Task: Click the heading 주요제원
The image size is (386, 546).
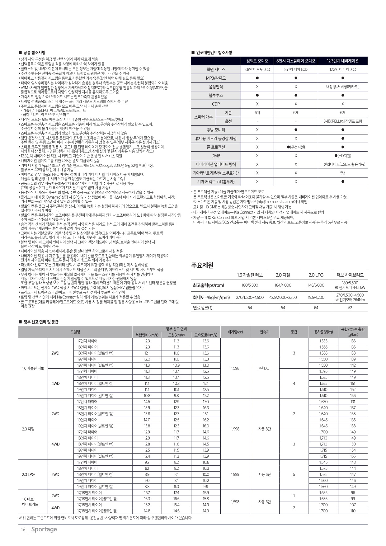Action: [x=202, y=265]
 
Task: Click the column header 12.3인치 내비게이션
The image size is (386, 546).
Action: [x=342, y=61]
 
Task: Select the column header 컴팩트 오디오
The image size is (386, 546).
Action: [x=257, y=61]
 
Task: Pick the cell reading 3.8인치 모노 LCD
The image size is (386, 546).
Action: [x=257, y=69]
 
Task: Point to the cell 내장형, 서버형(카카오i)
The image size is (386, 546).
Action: [x=342, y=87]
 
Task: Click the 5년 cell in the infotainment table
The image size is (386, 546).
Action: [x=342, y=173]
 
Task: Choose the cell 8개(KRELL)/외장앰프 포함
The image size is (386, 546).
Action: [x=342, y=121]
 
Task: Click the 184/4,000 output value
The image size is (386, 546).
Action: [x=283, y=285]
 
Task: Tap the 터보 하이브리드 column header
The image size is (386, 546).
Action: [x=350, y=275]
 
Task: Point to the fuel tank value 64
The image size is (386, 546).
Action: [x=316, y=308]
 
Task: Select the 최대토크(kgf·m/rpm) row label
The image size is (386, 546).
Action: [x=211, y=297]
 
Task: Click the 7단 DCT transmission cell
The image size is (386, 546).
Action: [x=265, y=368]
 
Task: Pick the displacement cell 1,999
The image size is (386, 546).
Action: [x=235, y=474]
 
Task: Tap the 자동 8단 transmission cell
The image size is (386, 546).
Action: [x=265, y=429]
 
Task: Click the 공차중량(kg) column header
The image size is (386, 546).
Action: [x=323, y=332]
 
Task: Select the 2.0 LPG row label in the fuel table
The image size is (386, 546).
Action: [x=28, y=474]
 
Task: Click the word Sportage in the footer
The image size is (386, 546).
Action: [x=44, y=529]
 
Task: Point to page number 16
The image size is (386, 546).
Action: [x=23, y=530]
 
